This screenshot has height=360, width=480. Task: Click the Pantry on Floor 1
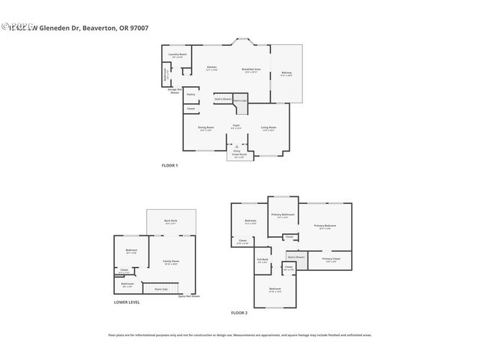pyautogui.click(x=191, y=94)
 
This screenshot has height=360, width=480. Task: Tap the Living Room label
pyautogui.click(x=268, y=128)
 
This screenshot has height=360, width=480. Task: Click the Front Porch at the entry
pyautogui.click(x=238, y=156)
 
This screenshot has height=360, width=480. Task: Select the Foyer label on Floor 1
pyautogui.click(x=235, y=126)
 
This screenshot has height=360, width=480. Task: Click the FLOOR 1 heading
pyautogui.click(x=169, y=165)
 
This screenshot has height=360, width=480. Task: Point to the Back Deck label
pyautogui.click(x=170, y=220)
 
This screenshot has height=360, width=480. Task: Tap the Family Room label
pyautogui.click(x=171, y=262)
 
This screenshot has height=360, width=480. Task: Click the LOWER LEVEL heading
pyautogui.click(x=127, y=302)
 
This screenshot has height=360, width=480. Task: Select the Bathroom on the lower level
pyautogui.click(x=127, y=284)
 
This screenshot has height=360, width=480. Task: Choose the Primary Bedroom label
pyautogui.click(x=325, y=226)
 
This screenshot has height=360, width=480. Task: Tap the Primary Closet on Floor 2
pyautogui.click(x=331, y=259)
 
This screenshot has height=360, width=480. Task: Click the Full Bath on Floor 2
pyautogui.click(x=262, y=261)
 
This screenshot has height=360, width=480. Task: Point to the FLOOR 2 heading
pyautogui.click(x=238, y=312)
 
